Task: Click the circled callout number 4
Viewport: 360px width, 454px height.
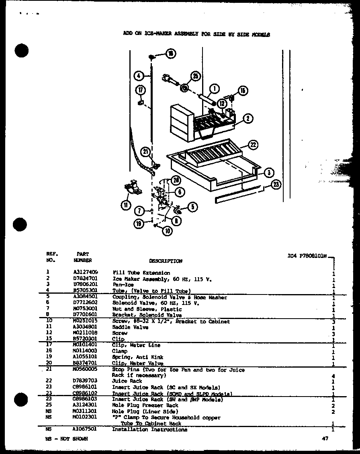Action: tap(138, 75)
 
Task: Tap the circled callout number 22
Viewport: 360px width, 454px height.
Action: tap(252, 145)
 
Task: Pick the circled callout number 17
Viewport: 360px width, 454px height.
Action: tap(141, 90)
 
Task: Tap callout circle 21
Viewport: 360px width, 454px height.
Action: tap(145, 151)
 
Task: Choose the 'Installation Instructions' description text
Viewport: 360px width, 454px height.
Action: tap(149, 429)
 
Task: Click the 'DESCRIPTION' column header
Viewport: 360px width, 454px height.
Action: tap(166, 261)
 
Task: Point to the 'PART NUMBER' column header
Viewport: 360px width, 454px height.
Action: tap(83, 257)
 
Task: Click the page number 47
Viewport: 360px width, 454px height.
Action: tap(325, 439)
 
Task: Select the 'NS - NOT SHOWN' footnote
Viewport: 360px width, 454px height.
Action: tap(67, 439)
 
